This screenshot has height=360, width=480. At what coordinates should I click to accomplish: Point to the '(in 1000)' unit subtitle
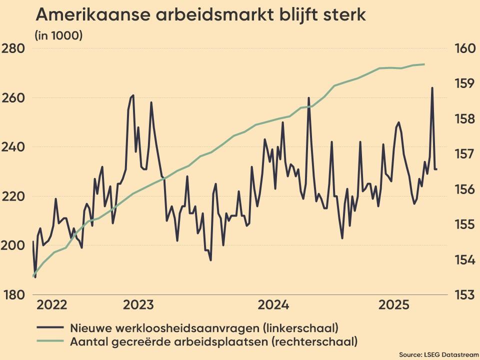pos(58,35)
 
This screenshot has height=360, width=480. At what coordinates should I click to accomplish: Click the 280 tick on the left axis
pos(14,49)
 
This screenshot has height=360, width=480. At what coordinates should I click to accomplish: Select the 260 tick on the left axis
pos(14,98)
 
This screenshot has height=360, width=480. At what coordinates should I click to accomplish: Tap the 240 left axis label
pos(14,147)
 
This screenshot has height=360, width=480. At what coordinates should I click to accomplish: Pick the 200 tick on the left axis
pos(14,245)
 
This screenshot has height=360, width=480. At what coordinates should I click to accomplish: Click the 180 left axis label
pos(14,294)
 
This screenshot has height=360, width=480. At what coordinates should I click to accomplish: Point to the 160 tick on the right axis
pos(463,49)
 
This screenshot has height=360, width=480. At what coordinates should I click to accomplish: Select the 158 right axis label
pos(463,119)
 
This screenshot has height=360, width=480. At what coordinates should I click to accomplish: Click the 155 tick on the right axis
pos(463,224)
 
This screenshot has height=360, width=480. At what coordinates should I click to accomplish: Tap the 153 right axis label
pos(463,294)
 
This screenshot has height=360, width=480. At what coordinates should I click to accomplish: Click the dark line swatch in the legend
pos(50,328)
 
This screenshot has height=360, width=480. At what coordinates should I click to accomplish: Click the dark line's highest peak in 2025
pos(432,88)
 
